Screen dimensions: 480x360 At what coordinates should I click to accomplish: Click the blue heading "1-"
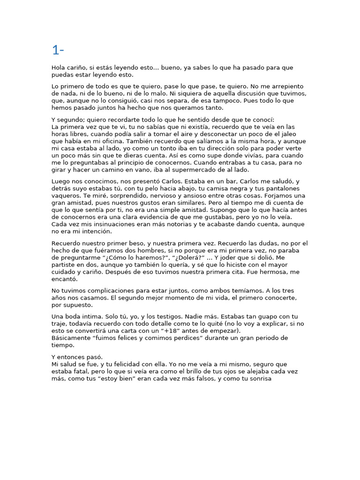coord(58,50)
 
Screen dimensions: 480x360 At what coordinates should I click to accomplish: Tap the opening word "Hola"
coord(59,67)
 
